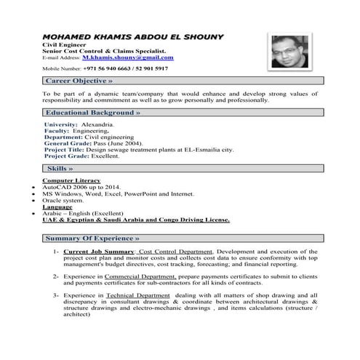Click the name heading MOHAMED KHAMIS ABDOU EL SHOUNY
point(133,36)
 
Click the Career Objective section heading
point(79,81)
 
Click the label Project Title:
point(68,148)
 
